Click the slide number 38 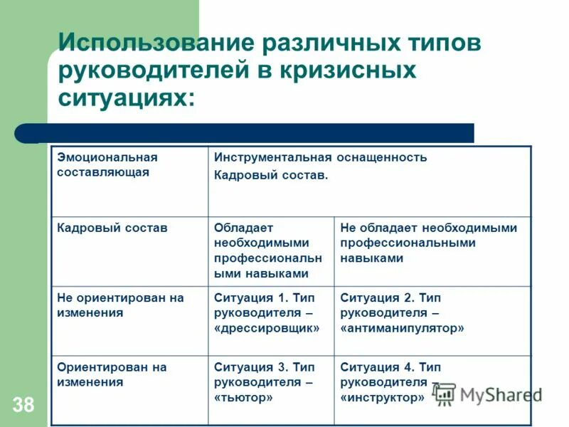tap(23, 406)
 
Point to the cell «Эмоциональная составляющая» tap(107, 164)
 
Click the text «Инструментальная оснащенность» tap(321, 157)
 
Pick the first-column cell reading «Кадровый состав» tap(112, 228)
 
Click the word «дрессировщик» tap(267, 328)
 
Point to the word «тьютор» tap(243, 398)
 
